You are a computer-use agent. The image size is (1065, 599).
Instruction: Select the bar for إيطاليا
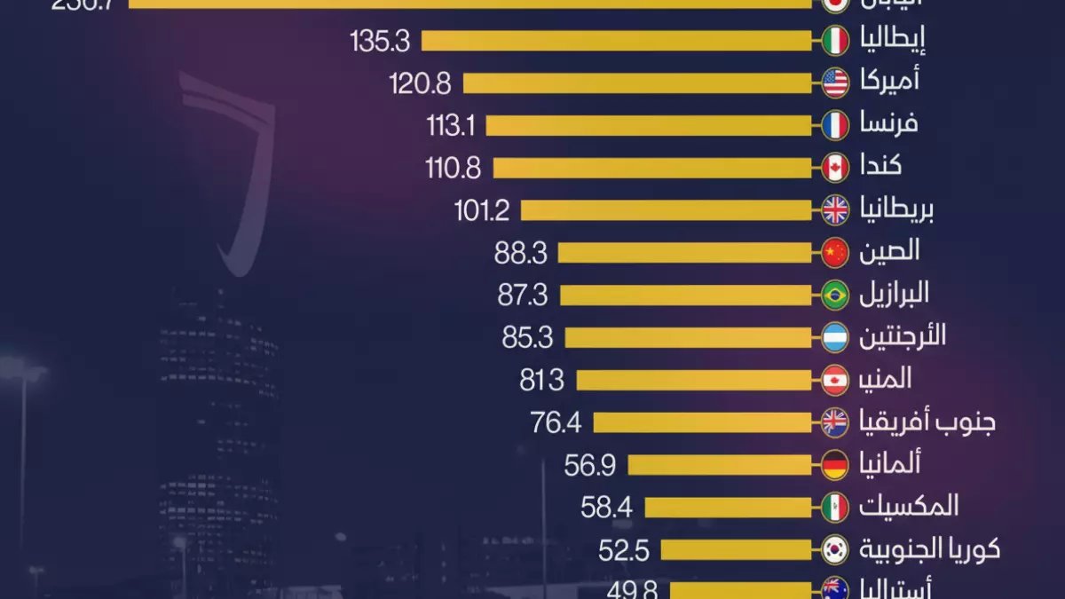tap(617, 41)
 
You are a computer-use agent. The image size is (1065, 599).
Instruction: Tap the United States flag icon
tap(835, 83)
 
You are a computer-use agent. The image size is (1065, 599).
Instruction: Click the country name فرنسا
tap(888, 123)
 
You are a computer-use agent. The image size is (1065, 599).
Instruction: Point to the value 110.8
tap(453, 168)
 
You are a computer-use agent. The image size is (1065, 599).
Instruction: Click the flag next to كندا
tap(835, 168)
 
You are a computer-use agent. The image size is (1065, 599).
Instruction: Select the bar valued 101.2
tap(667, 210)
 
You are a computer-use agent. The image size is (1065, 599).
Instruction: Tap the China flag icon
tap(835, 253)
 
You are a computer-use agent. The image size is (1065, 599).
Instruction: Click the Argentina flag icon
tap(835, 337)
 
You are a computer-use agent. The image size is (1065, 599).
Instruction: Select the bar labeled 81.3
tap(694, 380)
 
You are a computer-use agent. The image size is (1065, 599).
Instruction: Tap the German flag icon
tap(835, 464)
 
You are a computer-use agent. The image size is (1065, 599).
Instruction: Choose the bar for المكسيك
tap(728, 507)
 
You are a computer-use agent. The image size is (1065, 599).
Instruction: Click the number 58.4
tap(605, 507)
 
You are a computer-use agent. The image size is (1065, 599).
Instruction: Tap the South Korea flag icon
tap(835, 549)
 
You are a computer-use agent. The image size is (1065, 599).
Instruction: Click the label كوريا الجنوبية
tap(929, 549)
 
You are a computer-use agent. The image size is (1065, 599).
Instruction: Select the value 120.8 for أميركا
tap(420, 83)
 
